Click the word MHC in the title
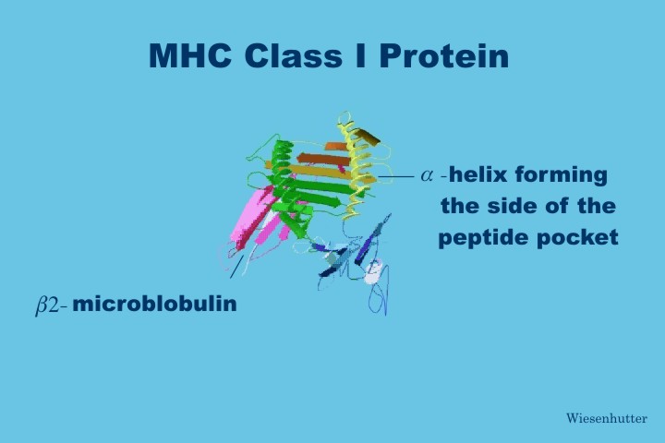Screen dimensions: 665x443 [190, 55]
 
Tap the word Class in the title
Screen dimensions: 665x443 [293, 55]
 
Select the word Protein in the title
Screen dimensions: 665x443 [444, 55]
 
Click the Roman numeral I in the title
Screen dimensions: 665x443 [360, 55]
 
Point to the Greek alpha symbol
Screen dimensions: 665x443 [427, 175]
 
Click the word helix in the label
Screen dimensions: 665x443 [478, 174]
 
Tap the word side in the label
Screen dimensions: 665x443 [514, 206]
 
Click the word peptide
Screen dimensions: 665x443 [483, 238]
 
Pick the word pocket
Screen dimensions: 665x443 [577, 237]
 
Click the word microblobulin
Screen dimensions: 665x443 [154, 304]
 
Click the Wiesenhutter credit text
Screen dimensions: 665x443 [607, 418]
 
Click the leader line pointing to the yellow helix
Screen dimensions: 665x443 [395, 176]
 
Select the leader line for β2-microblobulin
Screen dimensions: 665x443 [236, 267]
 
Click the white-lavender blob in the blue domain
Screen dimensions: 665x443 [373, 272]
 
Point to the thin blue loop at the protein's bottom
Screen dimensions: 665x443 [379, 299]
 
